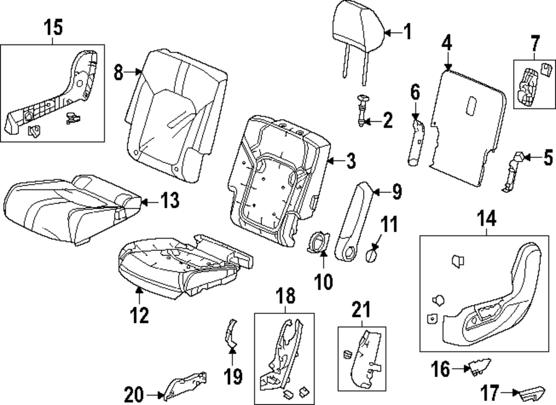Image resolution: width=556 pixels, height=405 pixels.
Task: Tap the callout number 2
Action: [x=387, y=119]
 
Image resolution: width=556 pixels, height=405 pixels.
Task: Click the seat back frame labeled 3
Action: [x=278, y=178]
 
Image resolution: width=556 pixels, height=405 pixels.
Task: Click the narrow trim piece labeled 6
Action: [x=416, y=142]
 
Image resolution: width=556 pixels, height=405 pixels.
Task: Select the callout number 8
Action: [x=118, y=72]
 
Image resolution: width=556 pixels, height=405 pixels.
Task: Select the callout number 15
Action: [x=54, y=27]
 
